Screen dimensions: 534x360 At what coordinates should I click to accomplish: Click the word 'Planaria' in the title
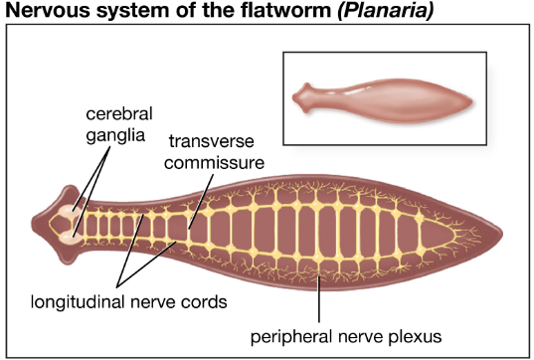coord(386,10)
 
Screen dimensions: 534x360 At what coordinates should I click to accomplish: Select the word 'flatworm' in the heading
coord(285,10)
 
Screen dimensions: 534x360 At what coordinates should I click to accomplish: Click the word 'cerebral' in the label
coord(119,113)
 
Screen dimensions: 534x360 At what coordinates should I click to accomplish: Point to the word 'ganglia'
coord(115,135)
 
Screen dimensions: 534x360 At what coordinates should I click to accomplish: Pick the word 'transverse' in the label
coord(212,141)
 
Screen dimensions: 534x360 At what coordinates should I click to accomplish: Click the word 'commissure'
coord(214,162)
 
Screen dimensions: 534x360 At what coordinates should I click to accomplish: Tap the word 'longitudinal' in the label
coord(78,301)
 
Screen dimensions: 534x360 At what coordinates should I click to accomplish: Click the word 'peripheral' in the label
coord(291,337)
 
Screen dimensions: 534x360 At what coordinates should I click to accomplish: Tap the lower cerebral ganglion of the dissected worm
coord(70,238)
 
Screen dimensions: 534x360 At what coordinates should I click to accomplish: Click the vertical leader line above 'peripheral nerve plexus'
coord(319,299)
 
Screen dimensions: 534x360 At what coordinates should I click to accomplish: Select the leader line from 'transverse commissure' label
coord(201,202)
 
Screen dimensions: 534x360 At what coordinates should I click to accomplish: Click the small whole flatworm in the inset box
coord(382,100)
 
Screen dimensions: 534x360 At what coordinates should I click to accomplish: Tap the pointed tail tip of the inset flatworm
coord(472,100)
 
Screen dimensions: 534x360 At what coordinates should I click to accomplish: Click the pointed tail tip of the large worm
coord(502,234)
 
